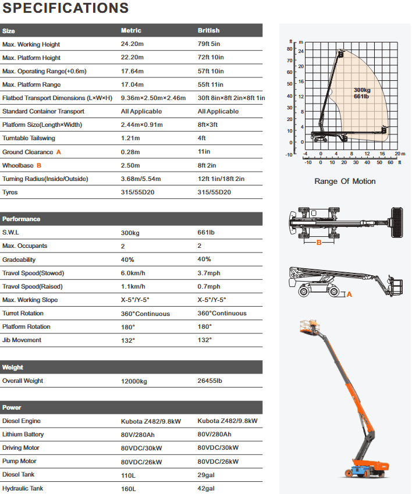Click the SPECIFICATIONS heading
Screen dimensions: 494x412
tap(65, 8)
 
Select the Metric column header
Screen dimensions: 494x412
tap(131, 30)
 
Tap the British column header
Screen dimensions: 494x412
tap(209, 30)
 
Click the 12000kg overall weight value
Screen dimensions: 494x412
tap(134, 381)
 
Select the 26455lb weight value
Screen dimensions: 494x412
tap(210, 381)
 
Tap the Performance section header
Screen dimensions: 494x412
tap(22, 219)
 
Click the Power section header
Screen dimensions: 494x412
tap(12, 407)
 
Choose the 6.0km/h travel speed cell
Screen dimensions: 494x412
tap(133, 273)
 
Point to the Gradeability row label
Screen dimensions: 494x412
tap(19, 260)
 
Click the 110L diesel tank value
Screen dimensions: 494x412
tap(128, 475)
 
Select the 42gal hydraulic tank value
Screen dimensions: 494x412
tap(207, 488)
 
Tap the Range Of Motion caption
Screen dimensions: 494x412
tap(345, 181)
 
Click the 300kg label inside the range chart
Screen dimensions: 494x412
tap(361, 90)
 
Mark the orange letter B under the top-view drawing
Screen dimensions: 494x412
tap(319, 243)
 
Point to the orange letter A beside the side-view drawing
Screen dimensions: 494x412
tap(349, 294)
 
